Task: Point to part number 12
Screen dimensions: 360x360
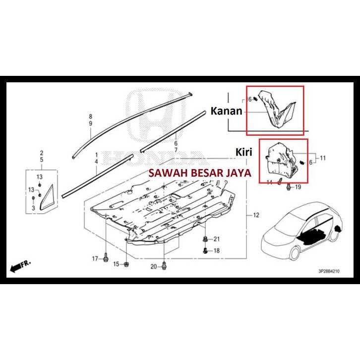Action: tap(256, 215)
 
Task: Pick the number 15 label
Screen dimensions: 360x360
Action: tap(116, 264)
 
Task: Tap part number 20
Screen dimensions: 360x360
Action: tap(153, 267)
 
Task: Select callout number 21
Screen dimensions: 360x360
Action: tap(216, 240)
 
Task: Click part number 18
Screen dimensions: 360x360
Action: tap(216, 251)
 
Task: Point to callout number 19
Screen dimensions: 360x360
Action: tap(298, 187)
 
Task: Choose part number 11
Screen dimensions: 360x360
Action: tap(322, 158)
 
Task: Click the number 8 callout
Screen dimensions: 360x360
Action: tap(91, 116)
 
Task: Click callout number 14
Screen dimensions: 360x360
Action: tap(269, 182)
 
